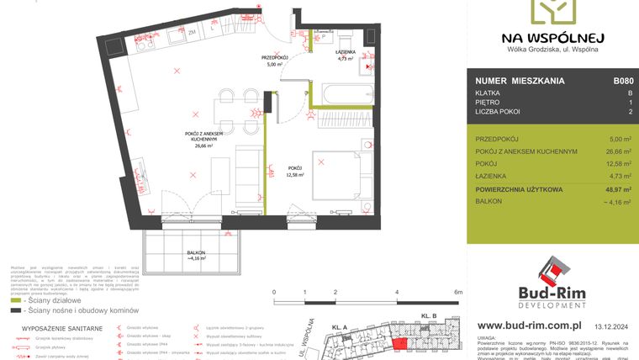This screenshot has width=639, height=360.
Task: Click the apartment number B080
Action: pos(622,82)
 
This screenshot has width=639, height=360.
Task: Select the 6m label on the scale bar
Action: pos(457,292)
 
